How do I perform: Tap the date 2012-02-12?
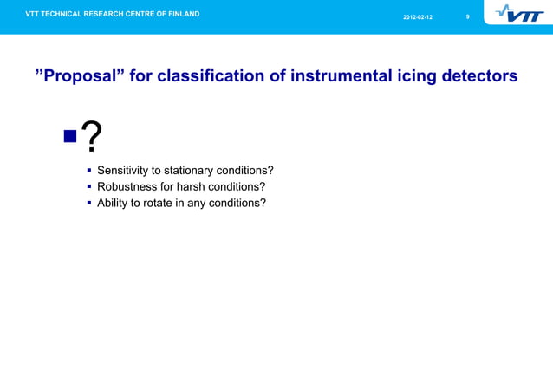(418, 17)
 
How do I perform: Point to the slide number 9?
(467, 17)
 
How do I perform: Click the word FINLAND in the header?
(179, 14)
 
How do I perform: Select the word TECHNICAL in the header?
(66, 14)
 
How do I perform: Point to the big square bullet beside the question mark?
(70, 136)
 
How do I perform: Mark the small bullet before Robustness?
(88, 186)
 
